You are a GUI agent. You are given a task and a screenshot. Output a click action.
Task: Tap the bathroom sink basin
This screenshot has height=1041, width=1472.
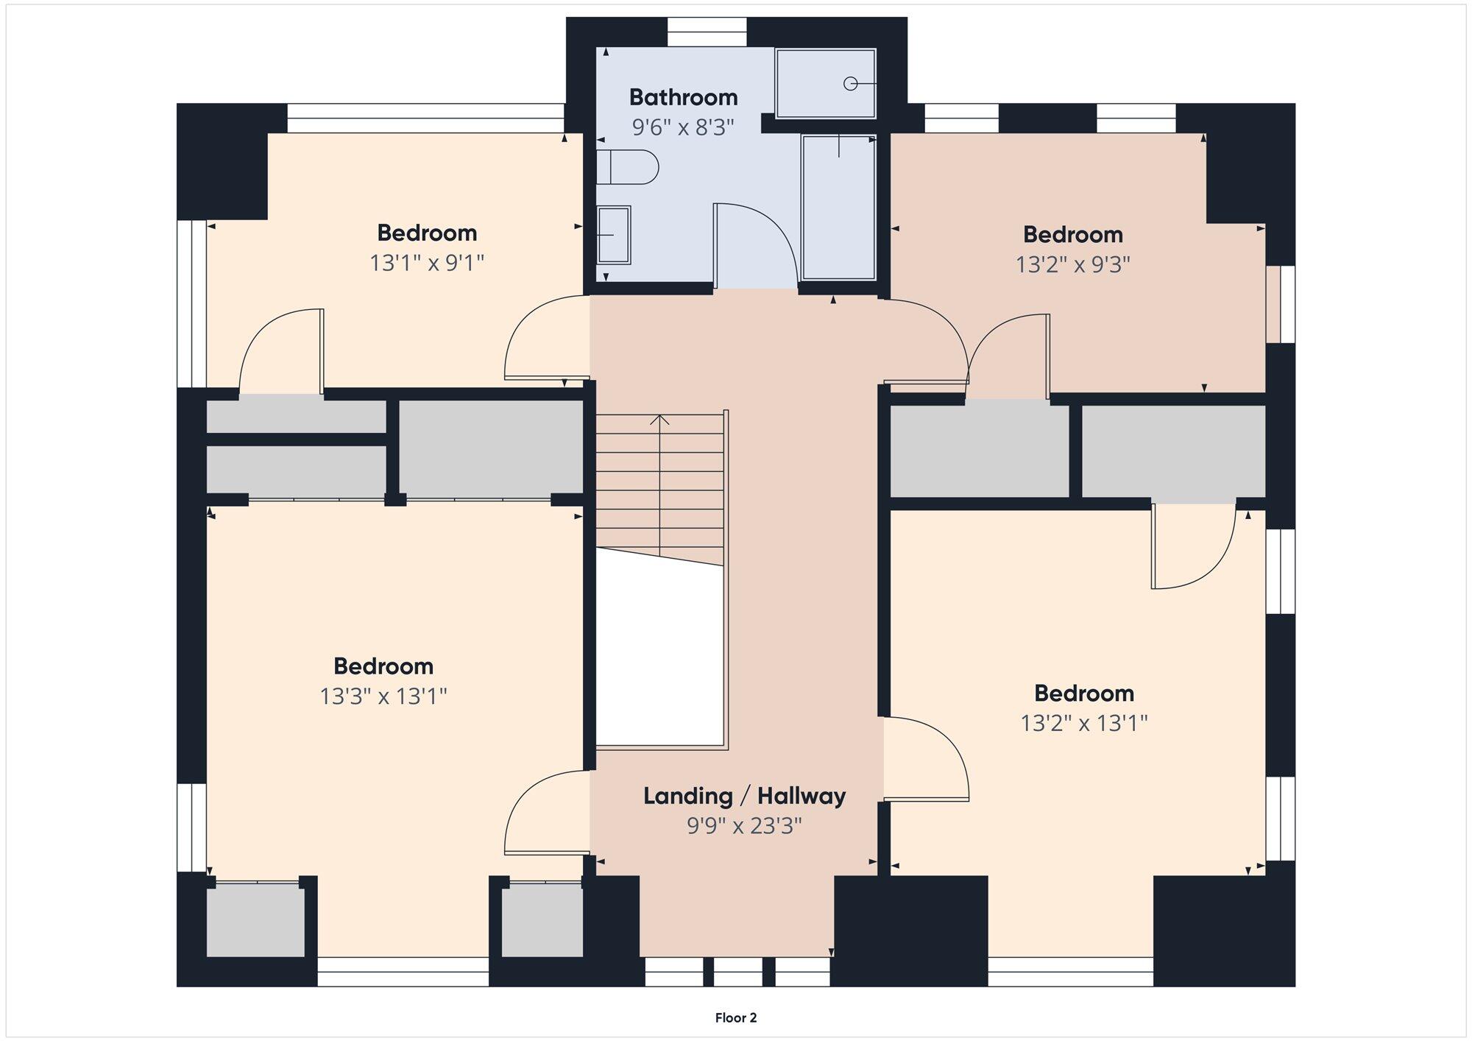[x=613, y=235]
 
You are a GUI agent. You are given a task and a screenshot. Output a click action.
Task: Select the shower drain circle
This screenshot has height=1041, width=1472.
[x=851, y=84]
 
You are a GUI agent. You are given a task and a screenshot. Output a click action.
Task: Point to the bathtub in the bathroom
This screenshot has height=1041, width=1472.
[x=838, y=208]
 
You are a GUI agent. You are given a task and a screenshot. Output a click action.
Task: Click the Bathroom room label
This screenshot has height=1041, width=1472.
[x=683, y=97]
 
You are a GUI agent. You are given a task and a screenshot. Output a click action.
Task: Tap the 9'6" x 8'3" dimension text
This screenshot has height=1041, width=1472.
[x=683, y=127]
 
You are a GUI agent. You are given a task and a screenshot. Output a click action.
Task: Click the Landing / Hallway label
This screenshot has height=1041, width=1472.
[x=744, y=796]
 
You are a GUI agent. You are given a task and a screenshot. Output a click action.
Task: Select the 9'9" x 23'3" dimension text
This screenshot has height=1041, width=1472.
[x=744, y=826]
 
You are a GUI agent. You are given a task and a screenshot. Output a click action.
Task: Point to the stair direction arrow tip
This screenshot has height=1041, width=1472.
[x=660, y=415]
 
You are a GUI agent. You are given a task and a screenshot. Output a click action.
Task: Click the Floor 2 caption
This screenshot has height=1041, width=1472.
[x=736, y=1018]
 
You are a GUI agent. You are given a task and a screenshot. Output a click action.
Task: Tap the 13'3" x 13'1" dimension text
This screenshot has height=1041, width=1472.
[x=383, y=696]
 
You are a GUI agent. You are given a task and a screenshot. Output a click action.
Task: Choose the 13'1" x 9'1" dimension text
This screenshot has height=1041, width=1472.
[x=427, y=263]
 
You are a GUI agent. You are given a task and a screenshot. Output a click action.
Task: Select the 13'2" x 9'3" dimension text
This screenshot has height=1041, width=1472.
[x=1073, y=264]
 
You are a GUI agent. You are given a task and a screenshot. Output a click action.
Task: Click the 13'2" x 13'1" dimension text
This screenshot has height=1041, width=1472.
[x=1084, y=724]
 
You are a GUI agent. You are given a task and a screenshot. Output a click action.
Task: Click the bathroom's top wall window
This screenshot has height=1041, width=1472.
[x=707, y=32]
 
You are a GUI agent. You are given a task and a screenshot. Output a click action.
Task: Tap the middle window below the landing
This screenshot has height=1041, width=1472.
[x=738, y=972]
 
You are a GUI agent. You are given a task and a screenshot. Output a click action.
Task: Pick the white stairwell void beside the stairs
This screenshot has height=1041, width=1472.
[x=659, y=652]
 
